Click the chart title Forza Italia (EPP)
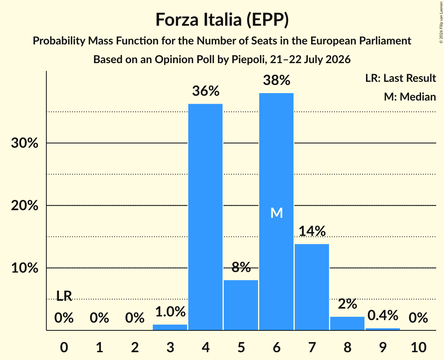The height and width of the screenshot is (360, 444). tap(222, 20)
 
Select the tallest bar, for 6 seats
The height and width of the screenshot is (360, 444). tap(276, 212)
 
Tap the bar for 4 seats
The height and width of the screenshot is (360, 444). tap(205, 217)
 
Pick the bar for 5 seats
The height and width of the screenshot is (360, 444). tap(241, 305)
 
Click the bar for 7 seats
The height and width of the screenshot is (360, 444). tap(312, 287)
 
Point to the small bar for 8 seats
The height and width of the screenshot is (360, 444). tap(347, 323)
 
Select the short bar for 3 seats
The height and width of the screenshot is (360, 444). tap(170, 327)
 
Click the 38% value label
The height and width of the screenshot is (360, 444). tap(277, 80)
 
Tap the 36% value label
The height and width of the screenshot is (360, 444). tap(206, 91)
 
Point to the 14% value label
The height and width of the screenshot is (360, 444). tap(312, 231)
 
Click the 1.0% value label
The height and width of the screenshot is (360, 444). tap(170, 312)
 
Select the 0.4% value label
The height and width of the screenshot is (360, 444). tap(383, 315)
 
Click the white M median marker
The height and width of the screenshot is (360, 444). tap(277, 213)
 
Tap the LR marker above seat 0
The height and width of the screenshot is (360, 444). tap(64, 296)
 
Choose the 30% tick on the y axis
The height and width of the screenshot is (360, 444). tap(25, 143)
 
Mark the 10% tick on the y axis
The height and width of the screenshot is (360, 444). tap(25, 268)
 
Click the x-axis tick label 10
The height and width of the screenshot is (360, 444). tap(419, 347)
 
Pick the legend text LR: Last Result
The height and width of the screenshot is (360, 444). tap(400, 78)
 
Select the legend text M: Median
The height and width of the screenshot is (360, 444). tap(410, 97)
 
